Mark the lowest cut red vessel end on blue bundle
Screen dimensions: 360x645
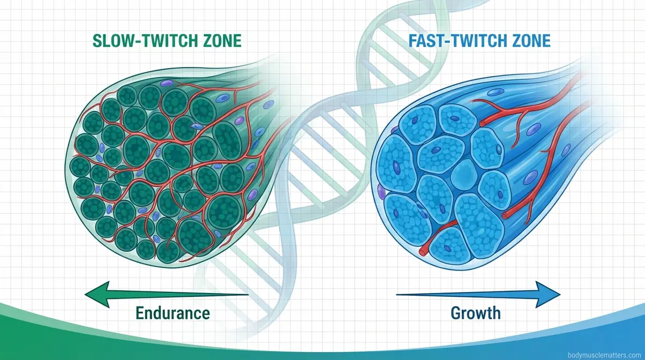(x=424, y=249)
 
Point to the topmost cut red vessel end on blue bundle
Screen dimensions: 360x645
(x=482, y=124)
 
